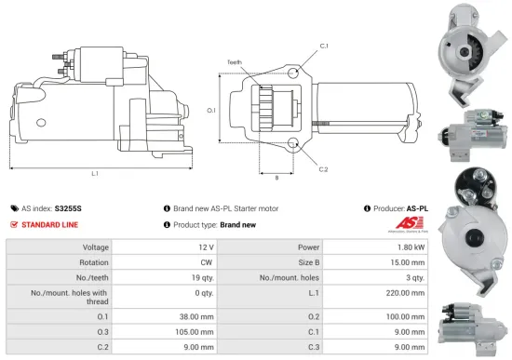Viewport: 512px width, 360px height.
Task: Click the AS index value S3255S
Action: tap(68, 209)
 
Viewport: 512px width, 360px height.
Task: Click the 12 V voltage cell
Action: tap(207, 247)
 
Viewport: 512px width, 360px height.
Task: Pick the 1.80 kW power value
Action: tap(415, 247)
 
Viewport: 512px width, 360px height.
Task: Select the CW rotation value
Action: tap(207, 262)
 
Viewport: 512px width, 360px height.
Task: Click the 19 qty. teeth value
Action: tap(202, 277)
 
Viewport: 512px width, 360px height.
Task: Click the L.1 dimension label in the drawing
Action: tap(96, 174)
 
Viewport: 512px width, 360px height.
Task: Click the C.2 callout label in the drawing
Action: tap(323, 169)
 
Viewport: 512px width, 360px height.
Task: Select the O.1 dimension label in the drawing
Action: tap(210, 111)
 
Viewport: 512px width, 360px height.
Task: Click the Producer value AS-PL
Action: tap(418, 209)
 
